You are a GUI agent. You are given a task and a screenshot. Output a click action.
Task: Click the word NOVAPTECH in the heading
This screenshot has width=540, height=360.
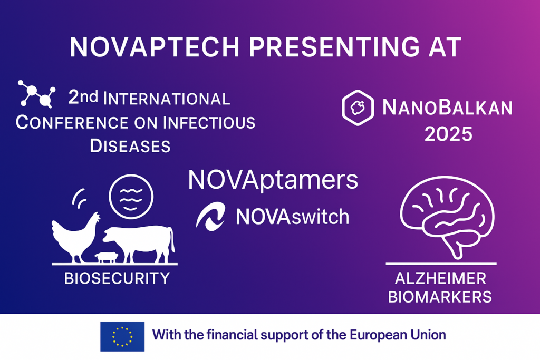(x=155, y=47)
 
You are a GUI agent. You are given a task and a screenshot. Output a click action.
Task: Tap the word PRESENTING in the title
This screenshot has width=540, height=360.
(x=334, y=47)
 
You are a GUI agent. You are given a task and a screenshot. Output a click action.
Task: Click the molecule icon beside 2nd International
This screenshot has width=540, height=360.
(x=36, y=94)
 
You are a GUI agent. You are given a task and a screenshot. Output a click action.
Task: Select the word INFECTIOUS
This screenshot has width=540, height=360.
(x=209, y=123)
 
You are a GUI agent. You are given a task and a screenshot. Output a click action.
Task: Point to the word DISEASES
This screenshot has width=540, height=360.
(x=130, y=146)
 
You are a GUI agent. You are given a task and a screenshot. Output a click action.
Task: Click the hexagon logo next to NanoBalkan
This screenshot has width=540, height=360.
(x=358, y=108)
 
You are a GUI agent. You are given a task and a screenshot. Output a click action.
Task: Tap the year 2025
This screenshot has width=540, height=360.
(x=448, y=134)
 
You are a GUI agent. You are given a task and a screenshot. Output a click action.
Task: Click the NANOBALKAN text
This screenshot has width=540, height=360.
(x=447, y=108)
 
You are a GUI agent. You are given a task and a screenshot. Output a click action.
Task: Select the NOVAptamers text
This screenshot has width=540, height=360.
(x=273, y=180)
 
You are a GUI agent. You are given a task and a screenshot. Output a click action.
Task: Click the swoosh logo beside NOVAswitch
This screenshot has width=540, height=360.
(x=210, y=217)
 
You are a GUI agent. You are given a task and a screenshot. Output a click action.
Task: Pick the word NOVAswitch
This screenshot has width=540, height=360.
(x=292, y=217)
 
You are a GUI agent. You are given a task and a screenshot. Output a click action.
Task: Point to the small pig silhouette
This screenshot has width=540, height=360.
(x=107, y=257)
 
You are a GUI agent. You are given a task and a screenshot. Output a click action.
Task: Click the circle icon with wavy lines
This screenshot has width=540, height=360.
(x=131, y=197)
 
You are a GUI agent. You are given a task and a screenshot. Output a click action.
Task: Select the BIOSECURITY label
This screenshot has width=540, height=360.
(x=117, y=278)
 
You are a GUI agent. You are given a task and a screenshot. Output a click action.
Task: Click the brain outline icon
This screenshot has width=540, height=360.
(x=447, y=217)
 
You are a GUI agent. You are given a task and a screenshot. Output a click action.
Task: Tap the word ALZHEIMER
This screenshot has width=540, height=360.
(x=440, y=278)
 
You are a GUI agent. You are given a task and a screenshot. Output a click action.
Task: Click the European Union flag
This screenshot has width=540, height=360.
(x=122, y=336)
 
